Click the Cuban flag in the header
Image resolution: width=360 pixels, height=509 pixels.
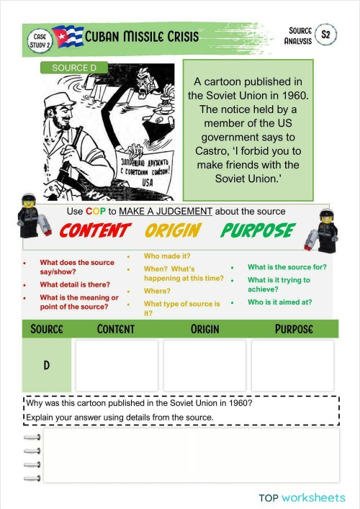(x=67, y=37)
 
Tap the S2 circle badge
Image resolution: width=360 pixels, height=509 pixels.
(x=326, y=35)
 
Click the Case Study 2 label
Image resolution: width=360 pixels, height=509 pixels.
(x=40, y=40)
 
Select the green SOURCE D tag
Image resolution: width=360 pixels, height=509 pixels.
(x=74, y=68)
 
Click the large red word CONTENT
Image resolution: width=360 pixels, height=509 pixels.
(x=94, y=231)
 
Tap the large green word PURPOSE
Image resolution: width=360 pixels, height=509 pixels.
(x=257, y=231)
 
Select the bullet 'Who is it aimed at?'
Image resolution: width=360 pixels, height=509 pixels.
(x=279, y=302)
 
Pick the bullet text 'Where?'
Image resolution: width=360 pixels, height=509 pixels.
(x=157, y=291)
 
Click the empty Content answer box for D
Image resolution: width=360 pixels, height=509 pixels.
(x=117, y=365)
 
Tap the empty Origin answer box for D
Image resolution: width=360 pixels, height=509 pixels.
(x=204, y=365)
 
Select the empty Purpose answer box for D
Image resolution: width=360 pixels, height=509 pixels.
(x=292, y=365)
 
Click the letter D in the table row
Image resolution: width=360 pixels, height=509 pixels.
(x=47, y=365)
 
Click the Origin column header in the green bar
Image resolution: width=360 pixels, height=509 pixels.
(x=204, y=329)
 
